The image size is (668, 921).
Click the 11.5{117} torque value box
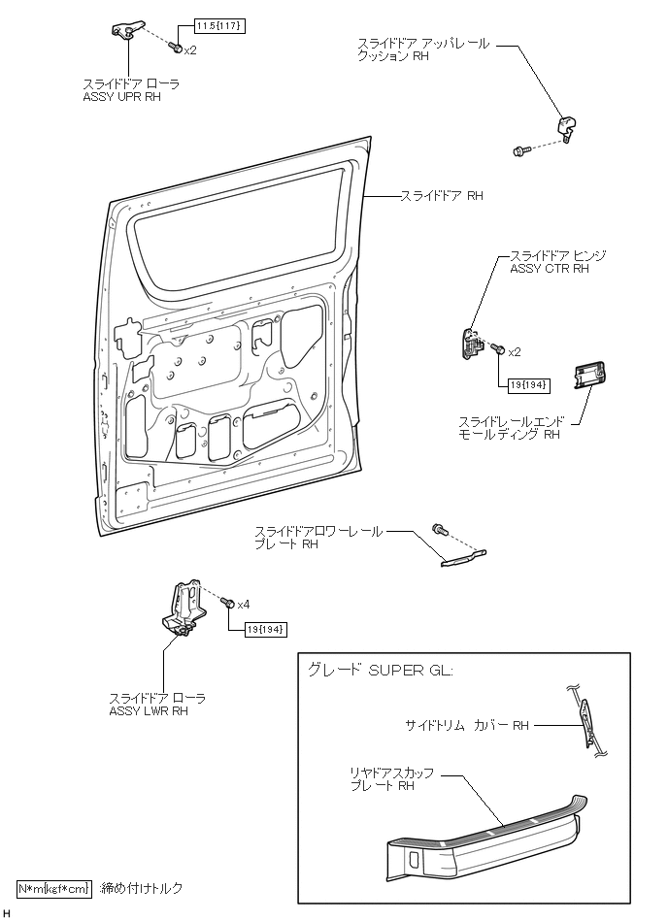(220, 24)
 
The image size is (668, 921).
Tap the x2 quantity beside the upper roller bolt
(190, 49)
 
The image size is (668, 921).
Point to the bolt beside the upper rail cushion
(519, 149)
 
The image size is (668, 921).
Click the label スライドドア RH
(442, 195)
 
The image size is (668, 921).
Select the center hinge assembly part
(472, 345)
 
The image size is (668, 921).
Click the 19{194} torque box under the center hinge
(528, 385)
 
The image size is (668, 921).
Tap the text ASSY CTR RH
(550, 269)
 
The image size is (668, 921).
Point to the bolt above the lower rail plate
(439, 528)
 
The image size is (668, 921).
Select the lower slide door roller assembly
(185, 609)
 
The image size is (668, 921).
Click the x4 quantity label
(243, 604)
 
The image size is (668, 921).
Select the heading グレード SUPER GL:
(380, 671)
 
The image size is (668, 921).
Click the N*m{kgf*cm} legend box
(53, 888)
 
